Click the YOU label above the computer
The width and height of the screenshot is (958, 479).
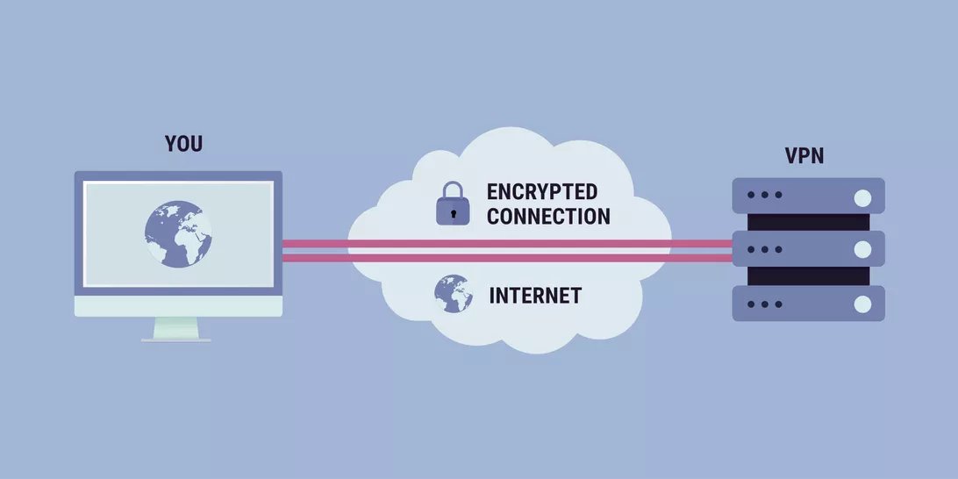183,143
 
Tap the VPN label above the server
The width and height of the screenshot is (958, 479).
804,157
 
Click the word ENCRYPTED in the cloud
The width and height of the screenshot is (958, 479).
541,192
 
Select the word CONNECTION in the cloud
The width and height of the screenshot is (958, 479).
547,216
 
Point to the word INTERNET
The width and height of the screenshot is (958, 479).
534,295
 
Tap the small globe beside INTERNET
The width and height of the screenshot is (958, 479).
454,294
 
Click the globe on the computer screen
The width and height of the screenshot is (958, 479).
178,232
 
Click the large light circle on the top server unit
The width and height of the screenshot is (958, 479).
862,196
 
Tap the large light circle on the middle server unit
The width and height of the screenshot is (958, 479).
862,249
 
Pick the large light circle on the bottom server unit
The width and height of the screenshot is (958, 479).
862,304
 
